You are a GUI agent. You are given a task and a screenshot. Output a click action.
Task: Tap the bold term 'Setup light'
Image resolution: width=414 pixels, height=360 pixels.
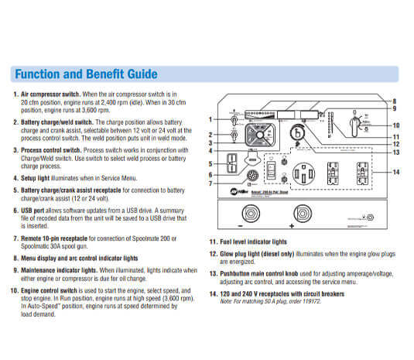click(39, 177)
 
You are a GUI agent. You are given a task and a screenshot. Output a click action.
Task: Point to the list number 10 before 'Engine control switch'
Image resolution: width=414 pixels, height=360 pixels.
click(13, 290)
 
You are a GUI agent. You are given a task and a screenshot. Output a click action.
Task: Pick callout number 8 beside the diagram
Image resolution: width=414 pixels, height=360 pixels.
click(393, 101)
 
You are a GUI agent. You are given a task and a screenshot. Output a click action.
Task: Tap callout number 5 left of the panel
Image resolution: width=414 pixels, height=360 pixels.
click(210, 164)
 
